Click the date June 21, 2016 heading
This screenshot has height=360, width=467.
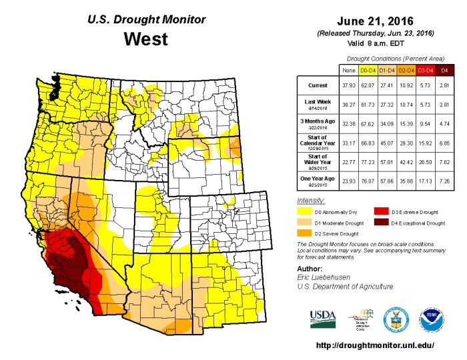pos(376,20)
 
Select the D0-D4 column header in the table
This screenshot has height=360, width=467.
pos(368,69)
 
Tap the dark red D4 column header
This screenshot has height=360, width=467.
pos(444,69)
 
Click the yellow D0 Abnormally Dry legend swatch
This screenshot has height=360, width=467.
pos(304,212)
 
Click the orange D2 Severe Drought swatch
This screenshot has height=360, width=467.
pos(304,233)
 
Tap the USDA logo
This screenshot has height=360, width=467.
pos(324,318)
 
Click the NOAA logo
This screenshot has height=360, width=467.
pos(431,318)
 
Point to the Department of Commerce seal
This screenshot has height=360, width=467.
pos(396,318)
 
